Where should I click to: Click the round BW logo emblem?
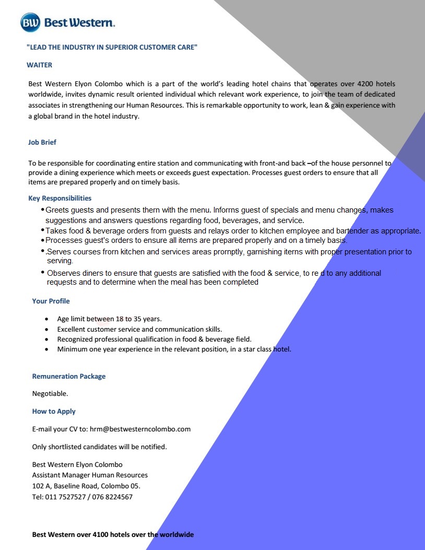30,22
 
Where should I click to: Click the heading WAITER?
39,65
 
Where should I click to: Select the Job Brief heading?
42,142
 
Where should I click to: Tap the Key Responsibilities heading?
60,198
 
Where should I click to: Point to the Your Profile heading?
51,301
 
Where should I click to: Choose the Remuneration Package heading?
69,376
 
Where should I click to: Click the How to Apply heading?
54,411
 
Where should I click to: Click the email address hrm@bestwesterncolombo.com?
140,429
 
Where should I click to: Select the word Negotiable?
50,393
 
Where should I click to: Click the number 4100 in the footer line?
100,534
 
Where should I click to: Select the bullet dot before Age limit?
47,319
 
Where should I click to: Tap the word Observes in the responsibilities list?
64,273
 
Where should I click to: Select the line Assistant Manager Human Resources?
90,475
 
